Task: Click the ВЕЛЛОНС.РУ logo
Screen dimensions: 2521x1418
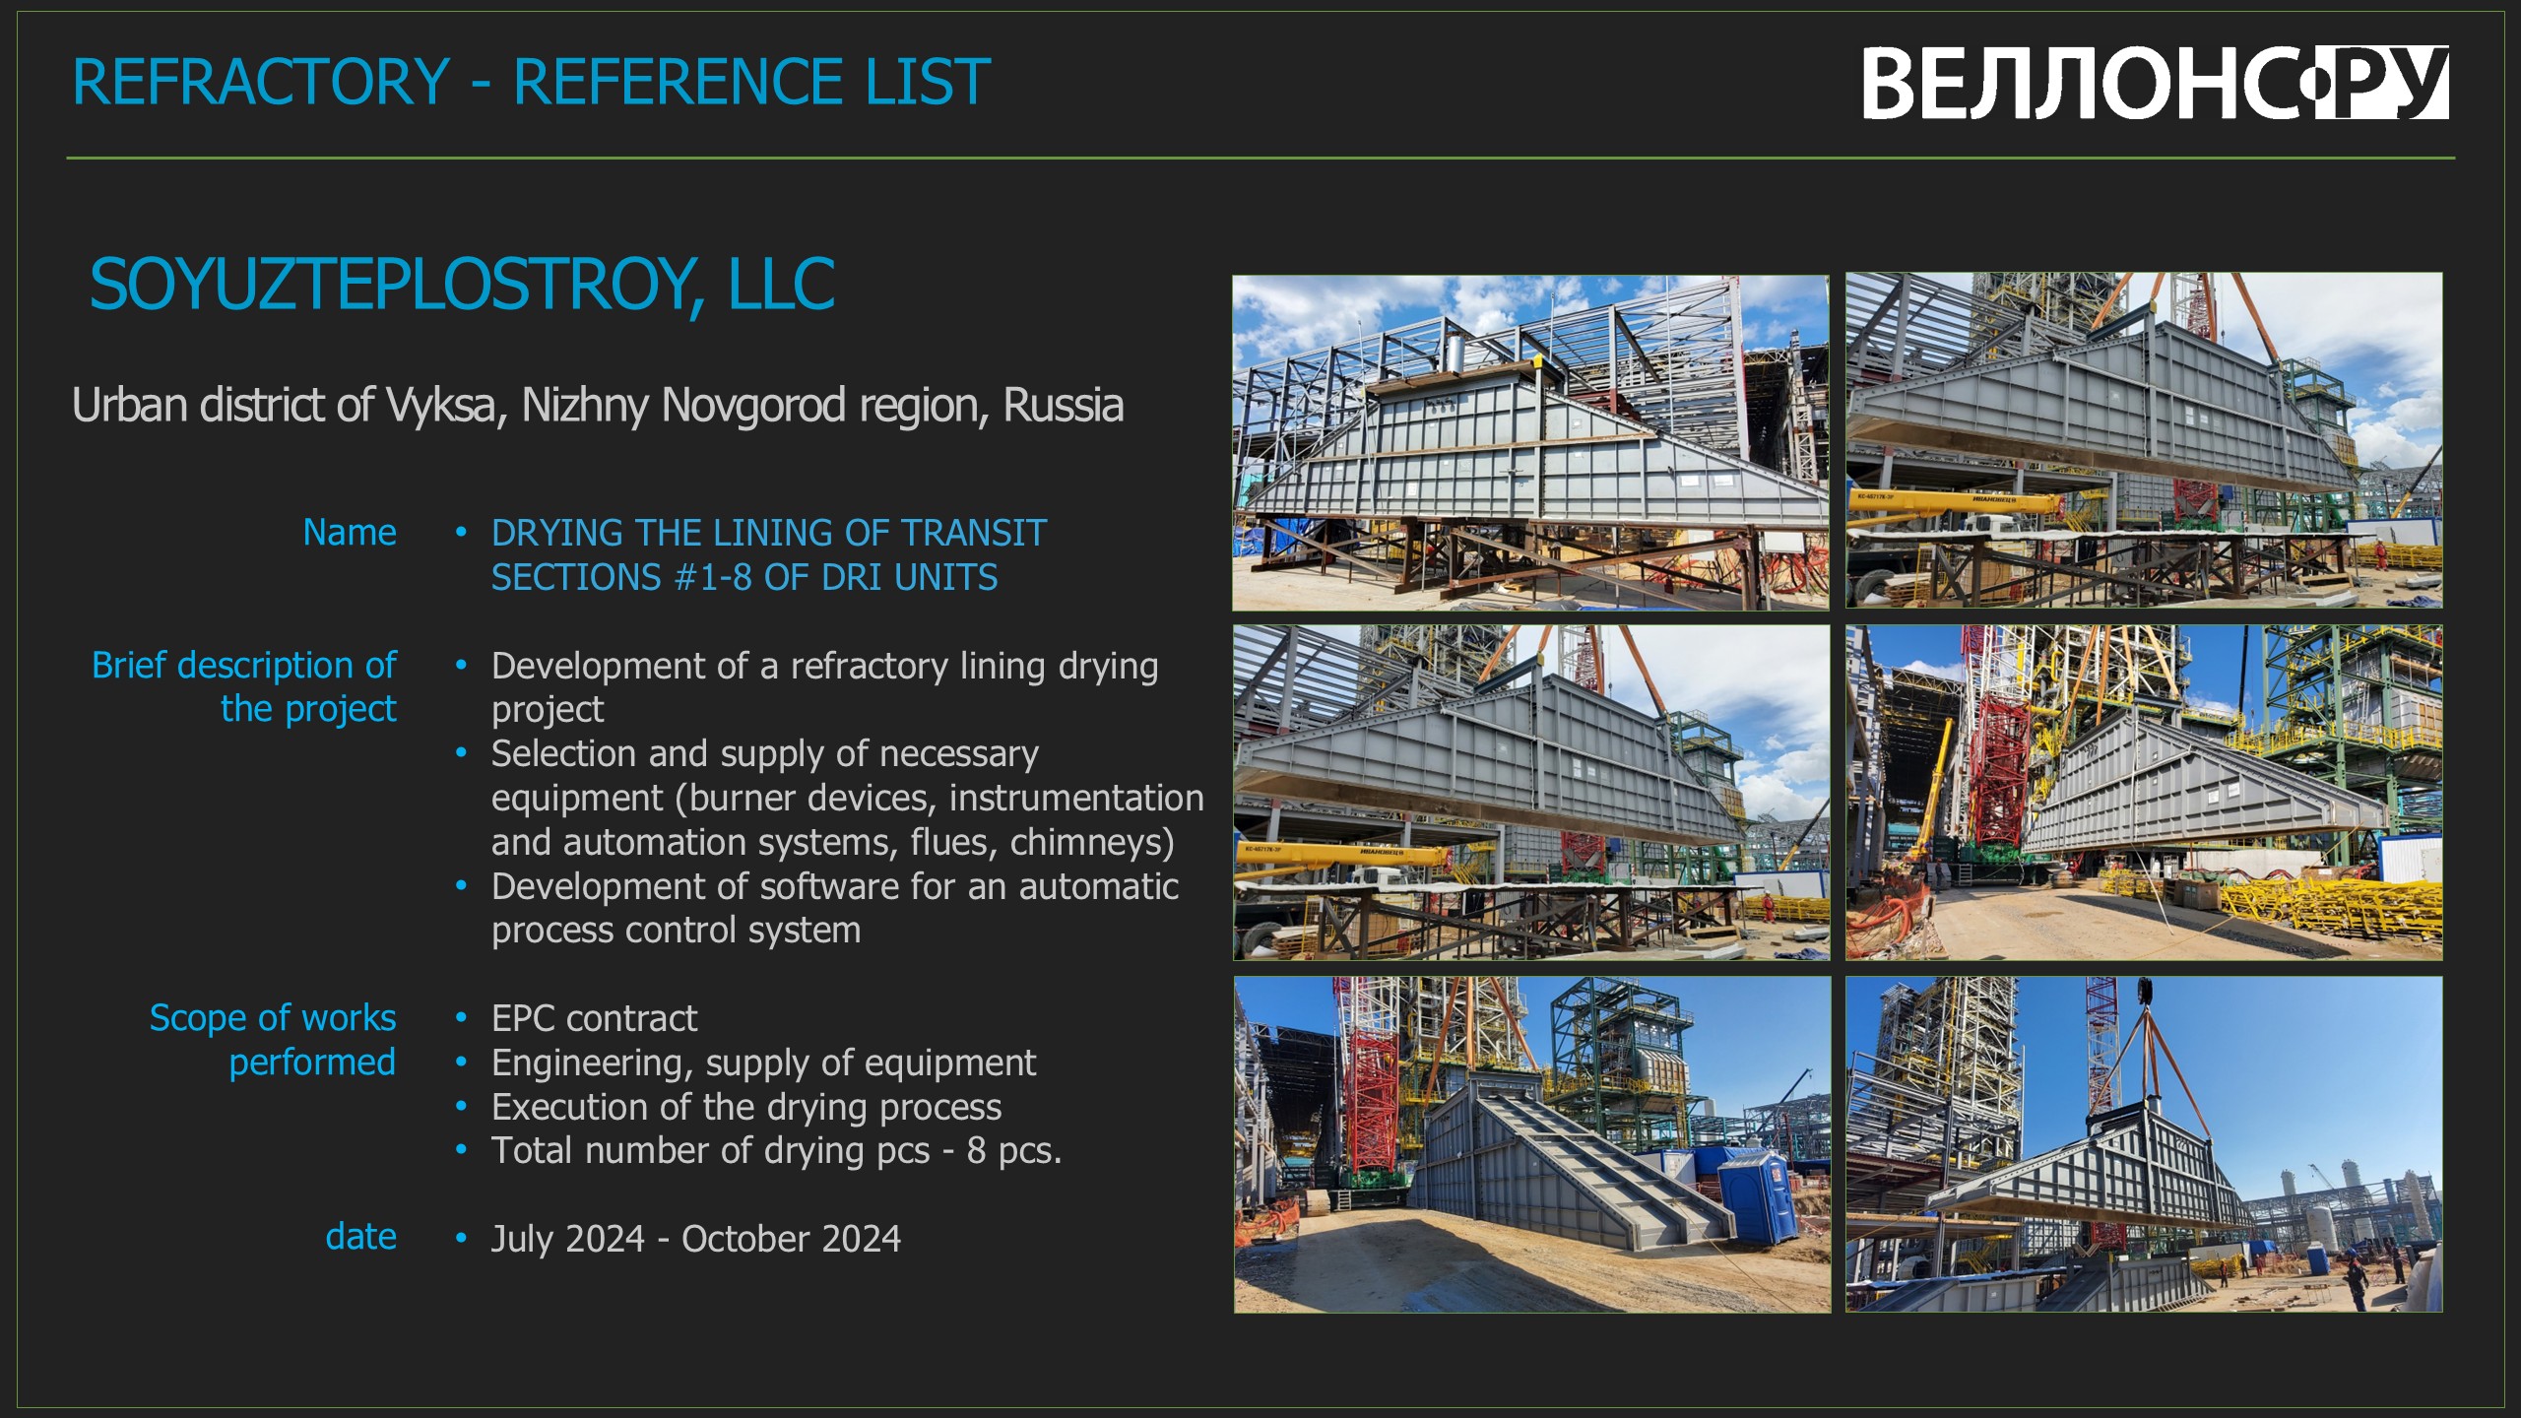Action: coord(2155,83)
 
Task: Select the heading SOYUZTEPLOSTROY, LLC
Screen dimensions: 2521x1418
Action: coord(462,286)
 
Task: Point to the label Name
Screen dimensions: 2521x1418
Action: coord(350,532)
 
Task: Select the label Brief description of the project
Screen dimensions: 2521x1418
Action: coord(244,686)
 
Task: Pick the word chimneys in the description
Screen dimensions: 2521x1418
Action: coord(1092,843)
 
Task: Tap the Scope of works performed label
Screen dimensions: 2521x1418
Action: coord(273,1039)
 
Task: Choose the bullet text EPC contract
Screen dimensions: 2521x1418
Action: coord(594,1018)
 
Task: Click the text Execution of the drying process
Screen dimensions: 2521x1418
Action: coord(746,1107)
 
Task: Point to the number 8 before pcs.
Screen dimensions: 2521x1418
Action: coord(976,1150)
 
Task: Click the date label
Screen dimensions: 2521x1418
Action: coord(361,1237)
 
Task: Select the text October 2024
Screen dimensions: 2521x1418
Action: coord(791,1239)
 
